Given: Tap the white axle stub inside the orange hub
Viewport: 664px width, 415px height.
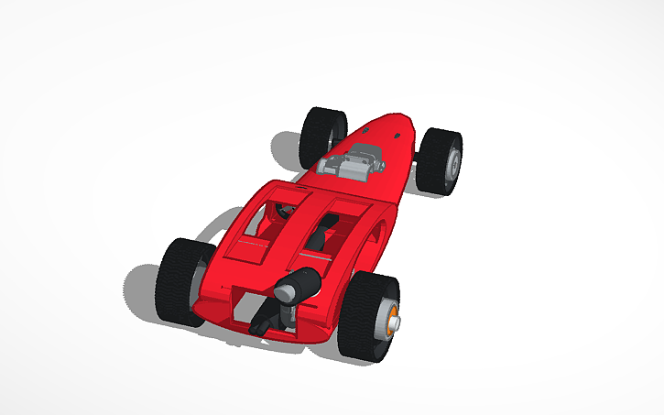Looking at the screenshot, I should [397, 319].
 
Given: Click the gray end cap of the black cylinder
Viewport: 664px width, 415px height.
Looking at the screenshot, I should [287, 291].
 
